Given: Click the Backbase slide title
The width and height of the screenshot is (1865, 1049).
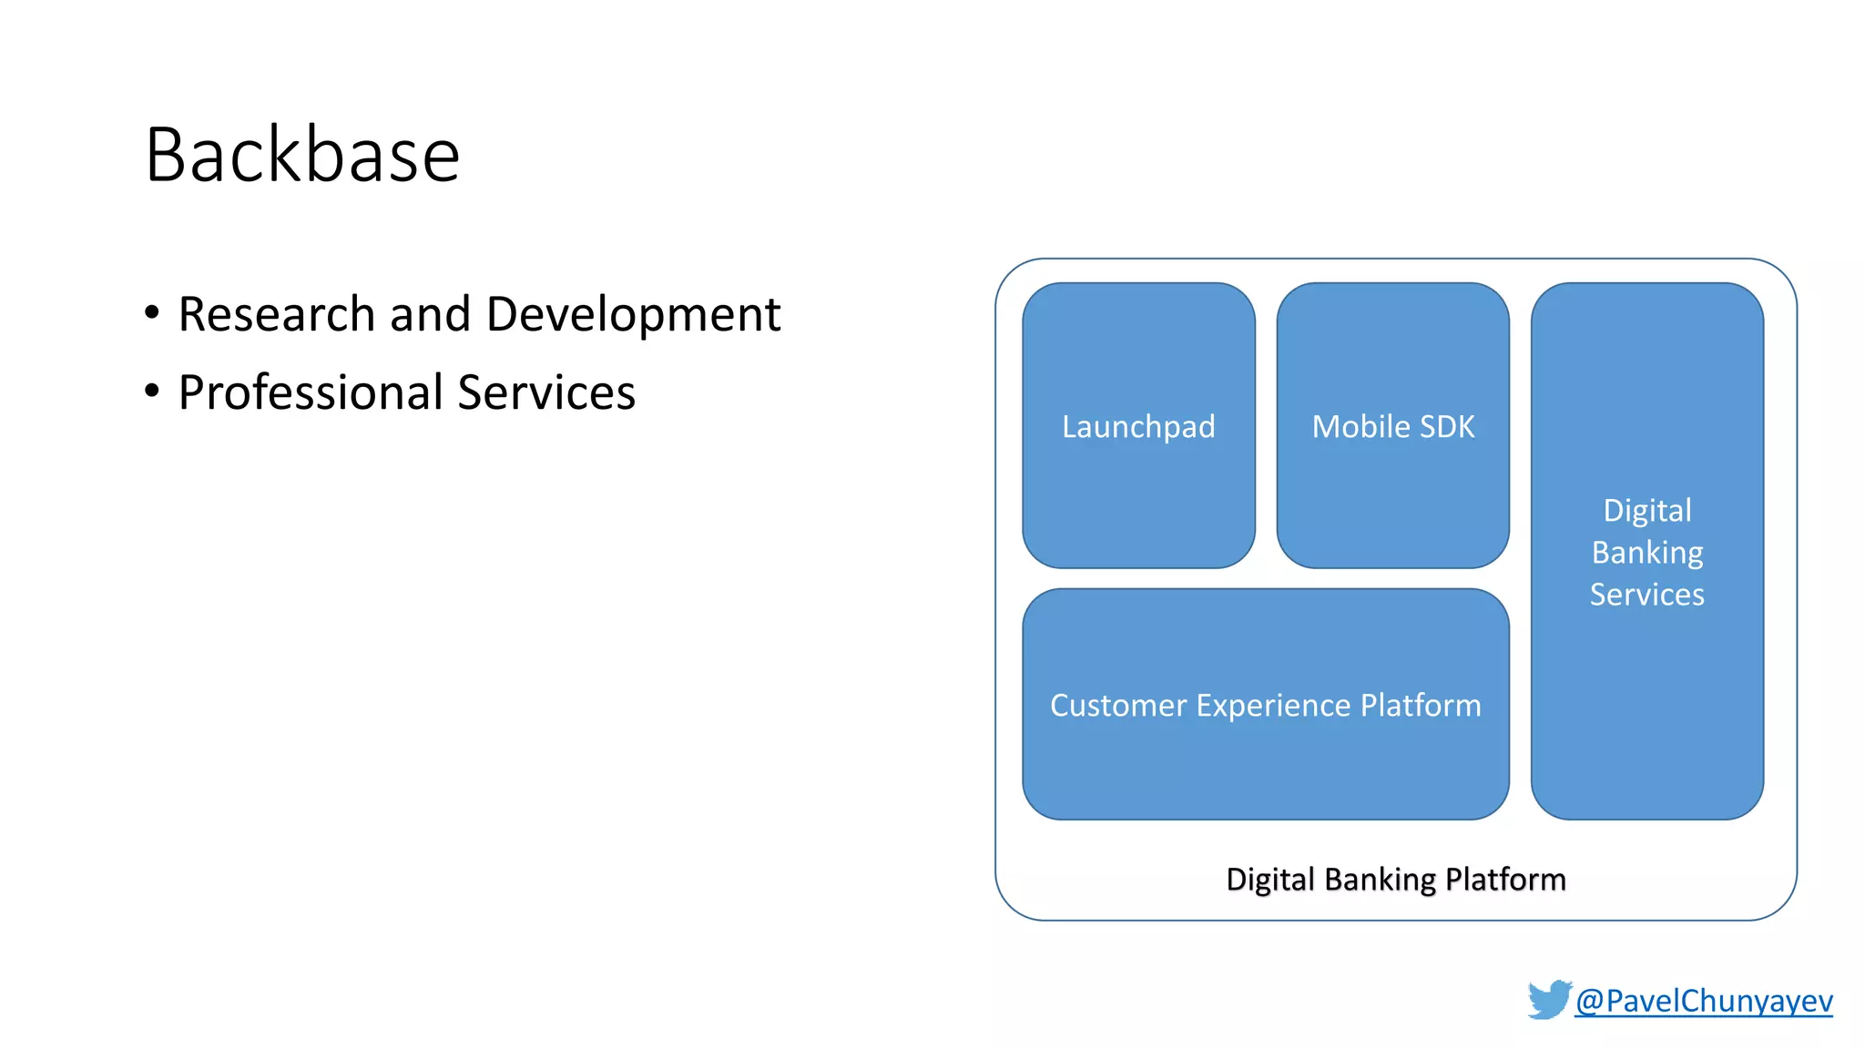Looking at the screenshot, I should (302, 155).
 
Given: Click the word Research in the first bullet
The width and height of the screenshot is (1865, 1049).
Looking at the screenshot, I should (276, 314).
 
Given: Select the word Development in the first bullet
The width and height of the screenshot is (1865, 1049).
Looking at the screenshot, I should (633, 314).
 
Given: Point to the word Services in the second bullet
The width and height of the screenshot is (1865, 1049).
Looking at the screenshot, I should (546, 392).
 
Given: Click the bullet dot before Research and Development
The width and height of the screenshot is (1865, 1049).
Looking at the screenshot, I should (152, 312).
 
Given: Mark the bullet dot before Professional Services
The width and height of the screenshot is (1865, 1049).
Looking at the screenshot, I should (152, 391).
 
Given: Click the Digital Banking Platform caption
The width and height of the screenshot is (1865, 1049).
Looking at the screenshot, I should (1395, 880).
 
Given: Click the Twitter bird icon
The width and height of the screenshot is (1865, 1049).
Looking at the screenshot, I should (1549, 999).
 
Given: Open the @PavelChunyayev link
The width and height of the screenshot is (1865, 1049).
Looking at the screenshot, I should (1704, 1001).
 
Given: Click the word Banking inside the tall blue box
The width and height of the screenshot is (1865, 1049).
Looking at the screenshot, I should (1646, 553).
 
